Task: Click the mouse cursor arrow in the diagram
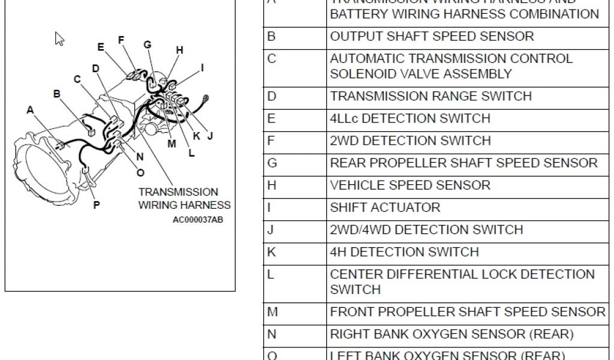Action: [59, 39]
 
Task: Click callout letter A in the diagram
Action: [30, 110]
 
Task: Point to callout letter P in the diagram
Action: [96, 205]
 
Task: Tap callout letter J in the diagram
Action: [210, 136]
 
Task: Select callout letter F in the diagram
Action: [121, 40]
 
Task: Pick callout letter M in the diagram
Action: [172, 143]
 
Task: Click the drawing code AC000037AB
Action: [198, 220]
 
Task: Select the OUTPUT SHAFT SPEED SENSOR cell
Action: [432, 37]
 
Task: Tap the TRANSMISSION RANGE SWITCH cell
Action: [431, 96]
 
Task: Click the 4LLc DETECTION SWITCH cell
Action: [410, 118]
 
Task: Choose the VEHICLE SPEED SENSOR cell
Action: [410, 185]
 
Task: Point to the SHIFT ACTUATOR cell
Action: [385, 208]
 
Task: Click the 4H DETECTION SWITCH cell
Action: [404, 252]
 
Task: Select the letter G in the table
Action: [272, 163]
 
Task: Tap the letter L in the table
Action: [270, 274]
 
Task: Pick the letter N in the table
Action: [272, 334]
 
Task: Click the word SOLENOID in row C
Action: [360, 74]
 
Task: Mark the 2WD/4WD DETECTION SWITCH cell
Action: [426, 230]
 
